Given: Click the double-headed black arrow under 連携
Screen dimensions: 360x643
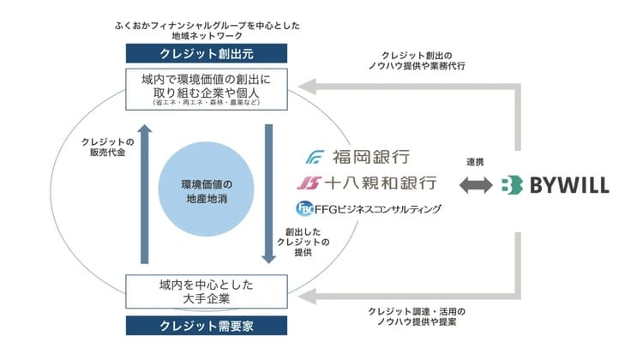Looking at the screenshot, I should point(475,183).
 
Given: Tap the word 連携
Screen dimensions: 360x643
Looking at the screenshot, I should point(475,161).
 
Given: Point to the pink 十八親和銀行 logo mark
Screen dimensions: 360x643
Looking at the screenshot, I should point(310,183).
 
